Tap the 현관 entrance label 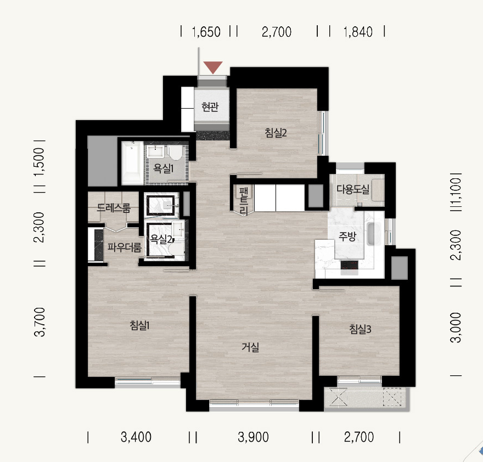pyautogui.click(x=210, y=107)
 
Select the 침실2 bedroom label pyautogui.click(x=276, y=133)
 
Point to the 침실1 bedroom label pyautogui.click(x=139, y=325)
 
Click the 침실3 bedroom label pyautogui.click(x=360, y=329)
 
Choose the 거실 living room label pyautogui.click(x=250, y=347)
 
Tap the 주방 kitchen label pyautogui.click(x=347, y=236)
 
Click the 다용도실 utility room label pyautogui.click(x=353, y=189)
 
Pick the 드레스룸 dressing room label pyautogui.click(x=114, y=208)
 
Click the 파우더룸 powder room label pyautogui.click(x=125, y=247)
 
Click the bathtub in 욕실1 pyautogui.click(x=132, y=163)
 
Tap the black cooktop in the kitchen pyautogui.click(x=349, y=265)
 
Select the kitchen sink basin pyautogui.click(x=374, y=234)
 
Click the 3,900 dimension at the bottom pyautogui.click(x=253, y=437)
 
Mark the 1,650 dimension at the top pyautogui.click(x=206, y=32)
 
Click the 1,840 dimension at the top pyautogui.click(x=358, y=32)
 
